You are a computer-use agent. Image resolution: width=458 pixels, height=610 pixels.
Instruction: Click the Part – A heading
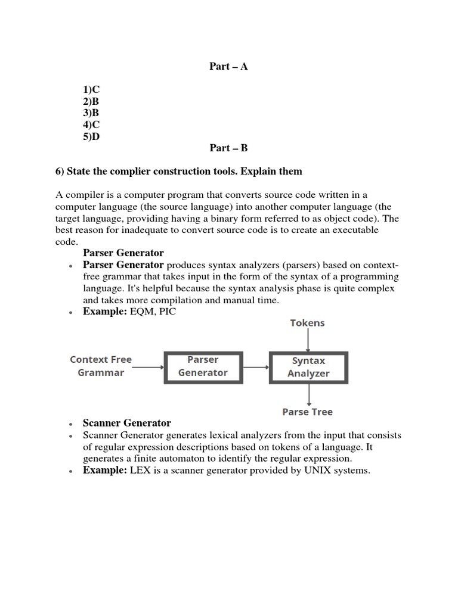pyautogui.click(x=228, y=66)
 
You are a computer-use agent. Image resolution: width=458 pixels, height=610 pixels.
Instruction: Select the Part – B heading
pyautogui.click(x=228, y=148)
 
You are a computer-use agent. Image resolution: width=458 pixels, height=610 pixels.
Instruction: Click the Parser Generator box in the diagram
pyautogui.click(x=203, y=366)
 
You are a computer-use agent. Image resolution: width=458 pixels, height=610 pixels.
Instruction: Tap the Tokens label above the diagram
pyautogui.click(x=307, y=323)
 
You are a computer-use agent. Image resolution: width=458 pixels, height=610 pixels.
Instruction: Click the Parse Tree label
pyautogui.click(x=307, y=412)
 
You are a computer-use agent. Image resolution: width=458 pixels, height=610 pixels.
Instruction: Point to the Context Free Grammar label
pyautogui.click(x=101, y=366)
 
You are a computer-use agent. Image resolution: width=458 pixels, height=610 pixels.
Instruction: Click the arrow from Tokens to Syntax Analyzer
pyautogui.click(x=308, y=340)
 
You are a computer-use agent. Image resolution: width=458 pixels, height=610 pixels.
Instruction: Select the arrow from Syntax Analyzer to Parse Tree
pyautogui.click(x=308, y=394)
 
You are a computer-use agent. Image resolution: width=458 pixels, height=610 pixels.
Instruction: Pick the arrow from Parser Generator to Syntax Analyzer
pyautogui.click(x=256, y=367)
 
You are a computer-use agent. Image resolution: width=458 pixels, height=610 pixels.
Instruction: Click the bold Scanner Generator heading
pyautogui.click(x=127, y=423)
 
